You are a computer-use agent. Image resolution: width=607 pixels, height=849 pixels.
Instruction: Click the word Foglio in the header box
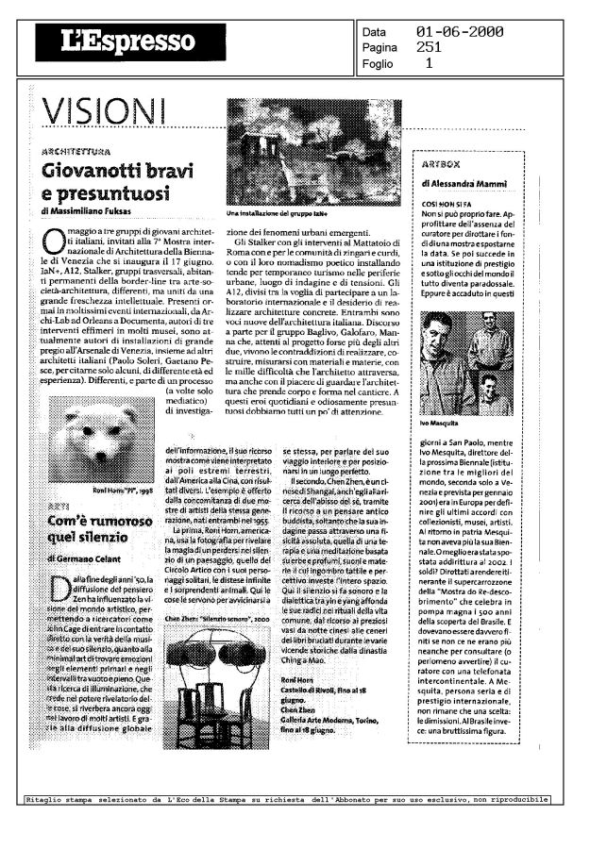coord(383,64)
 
